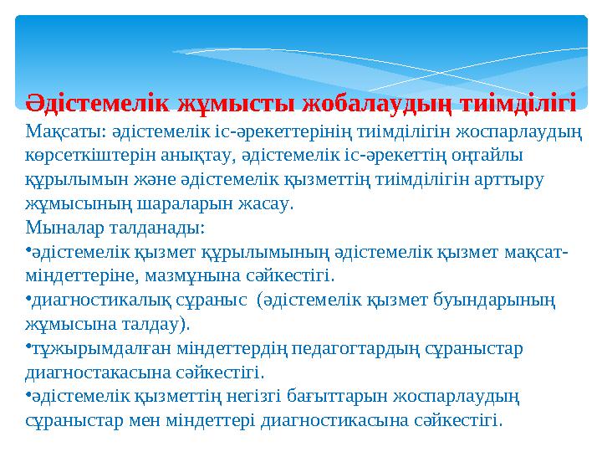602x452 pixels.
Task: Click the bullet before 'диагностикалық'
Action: pyautogui.click(x=28, y=297)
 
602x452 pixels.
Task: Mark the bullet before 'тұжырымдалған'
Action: pyautogui.click(x=28, y=346)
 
